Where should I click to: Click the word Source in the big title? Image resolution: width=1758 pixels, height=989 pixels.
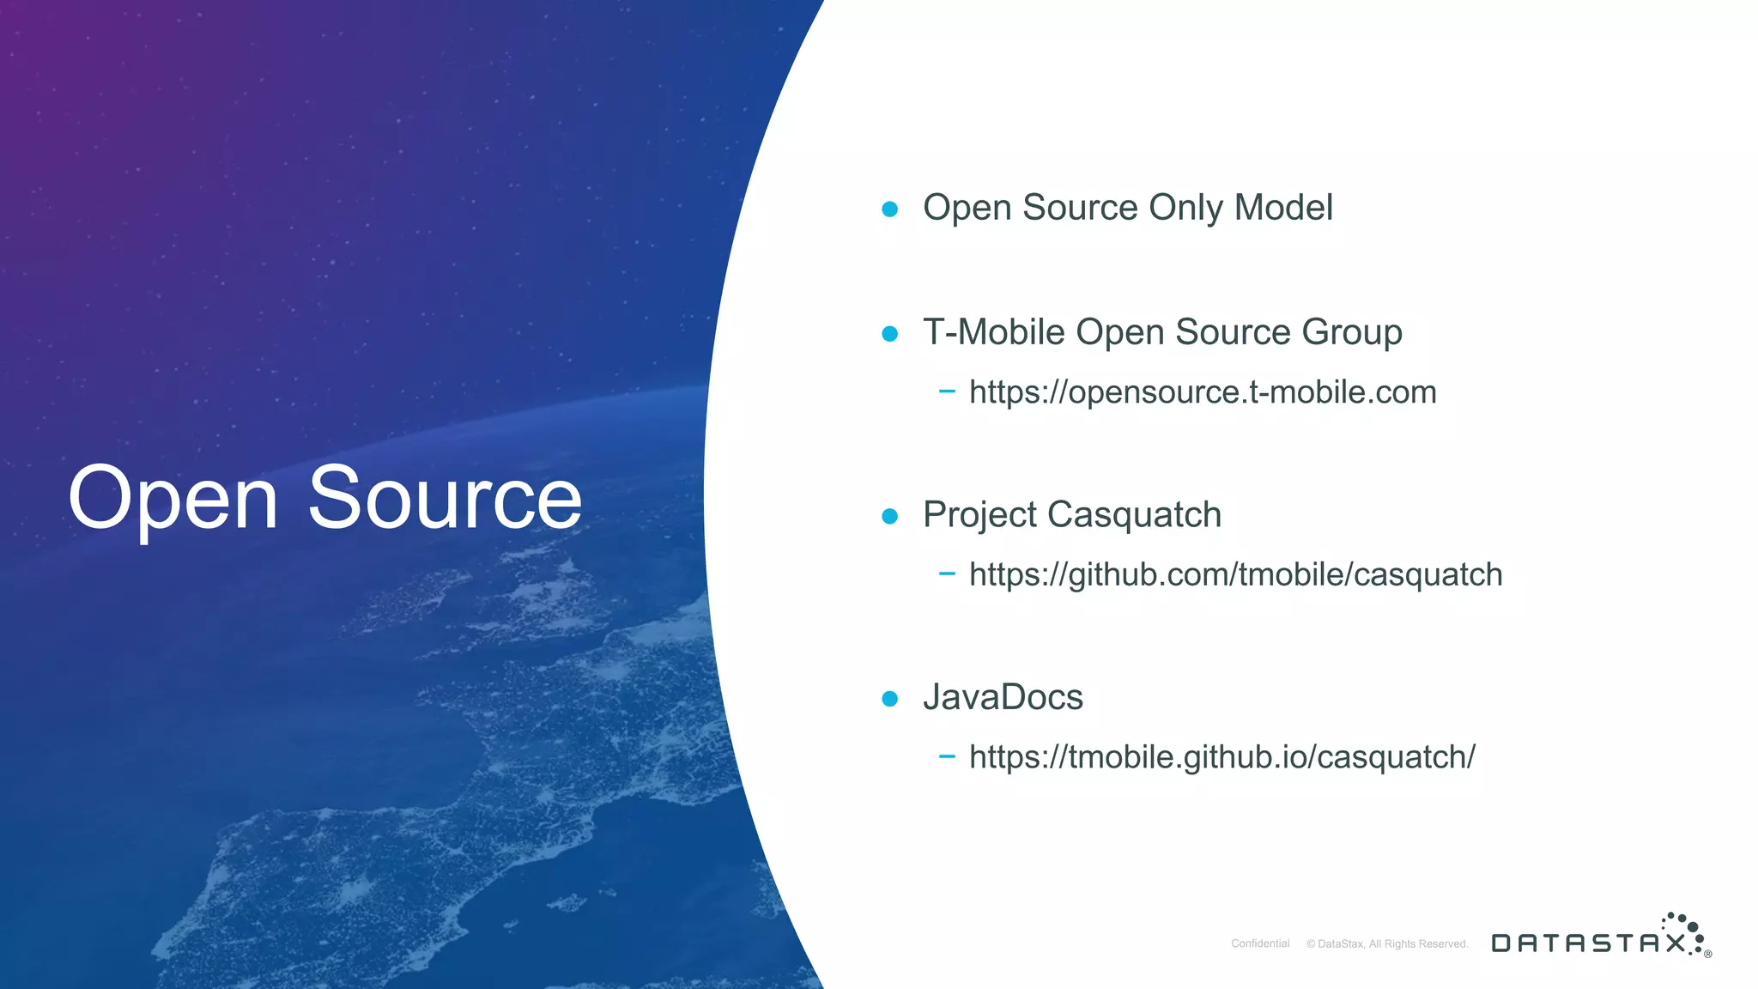tap(445, 498)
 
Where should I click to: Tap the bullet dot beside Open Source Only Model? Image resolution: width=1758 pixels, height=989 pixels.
tap(890, 209)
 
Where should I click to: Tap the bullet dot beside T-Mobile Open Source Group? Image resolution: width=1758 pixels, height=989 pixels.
tap(890, 333)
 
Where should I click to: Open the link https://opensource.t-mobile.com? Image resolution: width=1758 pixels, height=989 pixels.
tap(1202, 392)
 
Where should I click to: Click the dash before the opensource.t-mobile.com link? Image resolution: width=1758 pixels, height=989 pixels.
tap(947, 391)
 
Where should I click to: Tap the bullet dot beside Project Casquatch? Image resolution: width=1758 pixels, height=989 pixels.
tap(890, 516)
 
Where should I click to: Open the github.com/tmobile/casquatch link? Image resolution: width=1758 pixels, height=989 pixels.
tap(1235, 575)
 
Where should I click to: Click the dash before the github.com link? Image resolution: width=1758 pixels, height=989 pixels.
tap(947, 573)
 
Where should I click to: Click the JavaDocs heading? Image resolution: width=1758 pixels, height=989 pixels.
tap(1003, 697)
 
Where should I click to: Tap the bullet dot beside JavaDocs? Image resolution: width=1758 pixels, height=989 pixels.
tap(890, 699)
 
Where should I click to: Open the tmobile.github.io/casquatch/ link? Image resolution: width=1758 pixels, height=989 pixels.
tap(1222, 757)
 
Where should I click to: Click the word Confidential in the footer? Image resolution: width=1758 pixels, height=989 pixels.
tap(1260, 943)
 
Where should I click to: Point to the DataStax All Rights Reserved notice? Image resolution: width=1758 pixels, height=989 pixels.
tap(1387, 943)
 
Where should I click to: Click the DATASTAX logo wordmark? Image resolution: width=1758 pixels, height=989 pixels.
tap(1589, 943)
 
